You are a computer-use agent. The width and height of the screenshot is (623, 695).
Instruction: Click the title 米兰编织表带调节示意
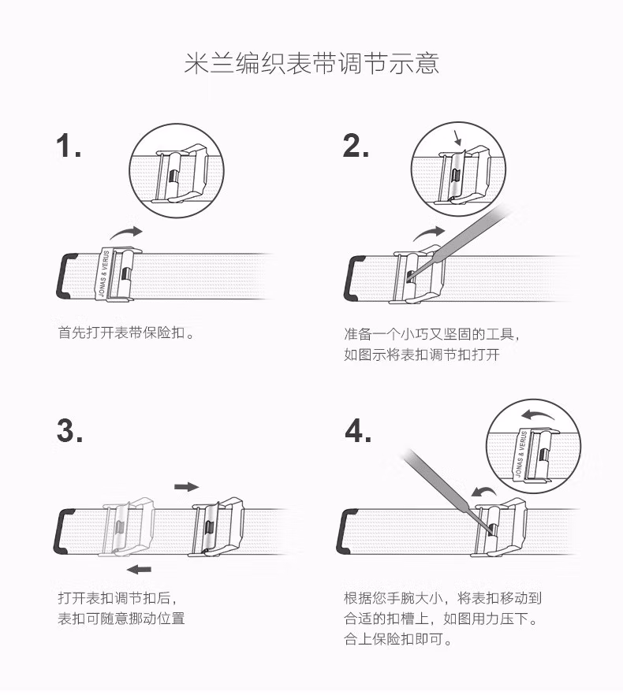click(311, 64)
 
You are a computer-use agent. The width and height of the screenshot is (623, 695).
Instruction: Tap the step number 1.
click(69, 146)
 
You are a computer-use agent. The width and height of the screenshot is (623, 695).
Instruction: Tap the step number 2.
click(356, 146)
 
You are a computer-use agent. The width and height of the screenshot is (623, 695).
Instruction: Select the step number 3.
click(69, 430)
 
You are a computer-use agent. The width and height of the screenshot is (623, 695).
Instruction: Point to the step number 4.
click(358, 430)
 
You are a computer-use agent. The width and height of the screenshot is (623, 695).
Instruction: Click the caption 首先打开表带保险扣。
click(126, 333)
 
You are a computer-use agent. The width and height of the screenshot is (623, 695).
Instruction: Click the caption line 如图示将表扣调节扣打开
click(422, 355)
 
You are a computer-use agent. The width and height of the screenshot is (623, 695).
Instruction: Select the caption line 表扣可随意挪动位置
click(121, 619)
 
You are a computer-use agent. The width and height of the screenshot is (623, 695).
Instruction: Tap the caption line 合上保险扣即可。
click(398, 639)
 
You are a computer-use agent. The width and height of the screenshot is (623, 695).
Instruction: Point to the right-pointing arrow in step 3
click(186, 487)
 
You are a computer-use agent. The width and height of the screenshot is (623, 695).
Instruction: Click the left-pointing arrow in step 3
click(139, 569)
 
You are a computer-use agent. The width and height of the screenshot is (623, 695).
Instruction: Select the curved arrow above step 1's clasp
click(126, 232)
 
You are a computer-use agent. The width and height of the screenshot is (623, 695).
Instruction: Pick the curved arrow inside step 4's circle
click(537, 416)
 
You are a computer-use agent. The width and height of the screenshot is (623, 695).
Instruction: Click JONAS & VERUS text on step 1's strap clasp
click(104, 273)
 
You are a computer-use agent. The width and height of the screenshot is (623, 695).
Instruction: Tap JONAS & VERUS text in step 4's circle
click(521, 453)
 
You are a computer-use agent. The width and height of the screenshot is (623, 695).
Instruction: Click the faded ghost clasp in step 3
click(128, 527)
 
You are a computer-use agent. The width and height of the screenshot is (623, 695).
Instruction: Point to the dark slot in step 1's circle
click(174, 176)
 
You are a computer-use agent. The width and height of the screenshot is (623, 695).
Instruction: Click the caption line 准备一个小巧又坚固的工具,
click(431, 334)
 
